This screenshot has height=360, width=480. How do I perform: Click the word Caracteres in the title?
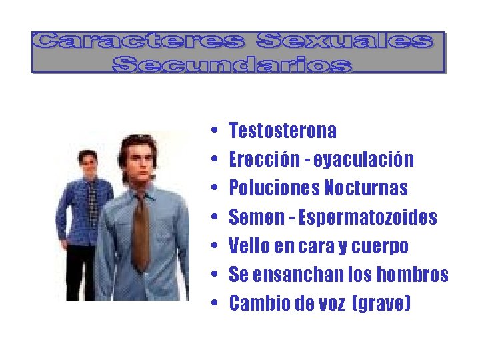141,41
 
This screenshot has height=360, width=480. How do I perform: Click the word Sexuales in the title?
344,41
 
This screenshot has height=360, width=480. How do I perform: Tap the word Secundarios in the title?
231,64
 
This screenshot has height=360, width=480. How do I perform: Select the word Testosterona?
283,130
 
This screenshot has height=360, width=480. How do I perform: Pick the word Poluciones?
274,189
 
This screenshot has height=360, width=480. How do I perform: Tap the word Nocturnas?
366,189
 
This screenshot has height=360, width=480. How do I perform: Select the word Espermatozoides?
367,217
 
